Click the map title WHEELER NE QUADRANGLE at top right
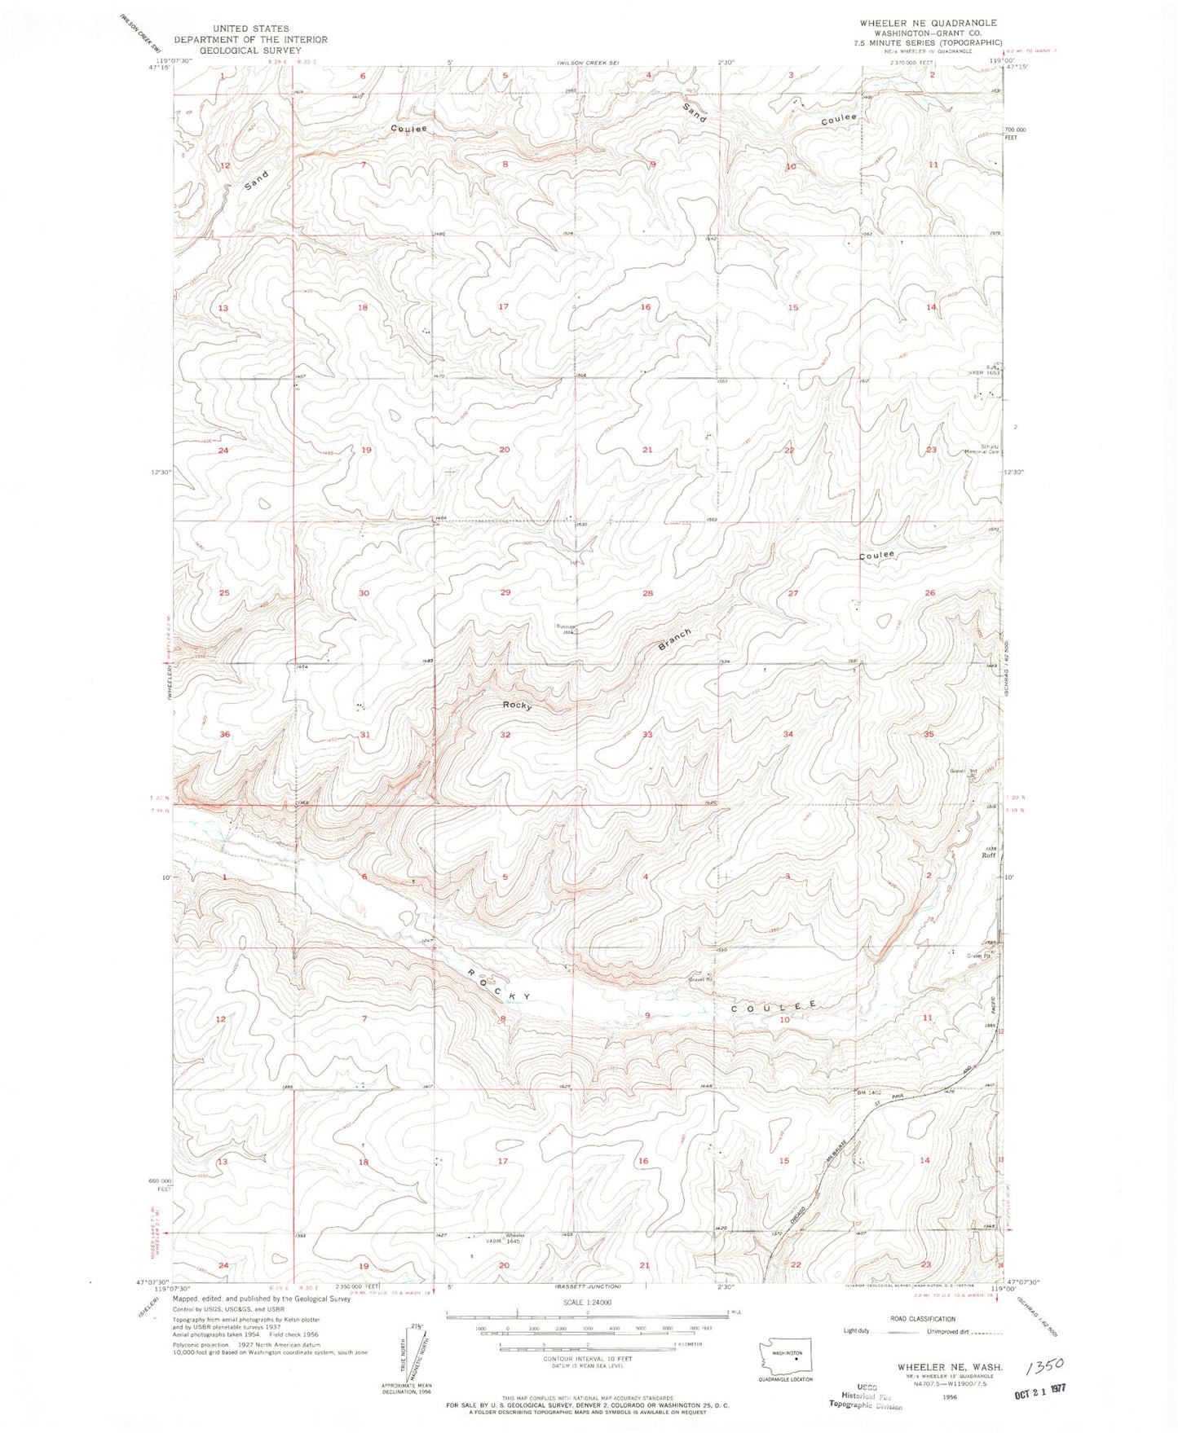pyautogui.click(x=928, y=23)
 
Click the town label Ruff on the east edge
pyautogui.click(x=988, y=855)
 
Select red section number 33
pyautogui.click(x=647, y=735)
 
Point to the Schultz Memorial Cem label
pyautogui.click(x=984, y=450)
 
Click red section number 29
pyautogui.click(x=505, y=592)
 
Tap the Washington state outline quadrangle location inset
pyautogui.click(x=783, y=1357)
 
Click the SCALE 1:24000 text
pyautogui.click(x=586, y=1303)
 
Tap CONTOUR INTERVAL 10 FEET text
pyautogui.click(x=587, y=1359)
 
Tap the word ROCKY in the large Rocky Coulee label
pyautogui.click(x=500, y=986)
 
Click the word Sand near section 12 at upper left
pyautogui.click(x=256, y=181)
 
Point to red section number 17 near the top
pyautogui.click(x=503, y=306)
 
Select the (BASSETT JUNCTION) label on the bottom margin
pyautogui.click(x=587, y=1286)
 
